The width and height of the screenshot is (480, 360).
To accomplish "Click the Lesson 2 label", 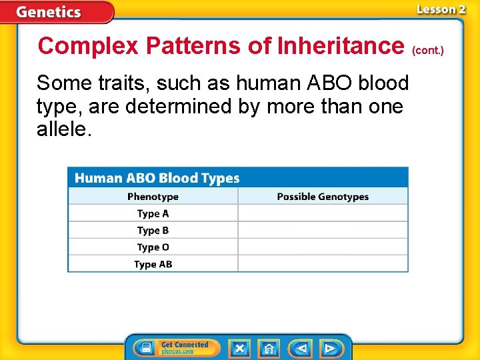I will coord(441,9).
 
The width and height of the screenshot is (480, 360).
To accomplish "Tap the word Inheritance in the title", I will coord(339,46).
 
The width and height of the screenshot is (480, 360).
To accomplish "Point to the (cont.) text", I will coord(428,50).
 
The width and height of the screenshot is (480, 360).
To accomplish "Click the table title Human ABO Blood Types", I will coord(157,178).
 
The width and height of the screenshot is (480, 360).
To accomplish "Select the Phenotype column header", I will coord(153,197).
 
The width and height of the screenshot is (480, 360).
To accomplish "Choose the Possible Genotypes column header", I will coord(323,197).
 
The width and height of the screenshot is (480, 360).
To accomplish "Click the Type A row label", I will coord(153,214).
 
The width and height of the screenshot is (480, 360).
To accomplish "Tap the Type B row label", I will coord(153,231).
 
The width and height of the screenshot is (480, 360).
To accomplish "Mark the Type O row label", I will coord(153,247).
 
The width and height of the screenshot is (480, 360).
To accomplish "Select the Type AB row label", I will coord(153,264).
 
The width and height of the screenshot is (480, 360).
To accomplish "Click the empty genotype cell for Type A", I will coord(323,214).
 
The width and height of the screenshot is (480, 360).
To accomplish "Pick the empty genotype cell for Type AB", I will coord(323,264).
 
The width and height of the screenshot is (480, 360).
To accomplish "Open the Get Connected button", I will coord(176,348).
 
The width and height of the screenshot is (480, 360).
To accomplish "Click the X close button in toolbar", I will coord(239,348).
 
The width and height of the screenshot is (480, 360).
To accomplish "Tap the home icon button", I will coord(269,348).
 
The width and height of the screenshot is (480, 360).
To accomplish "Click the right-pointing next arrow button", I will coord(330,348).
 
